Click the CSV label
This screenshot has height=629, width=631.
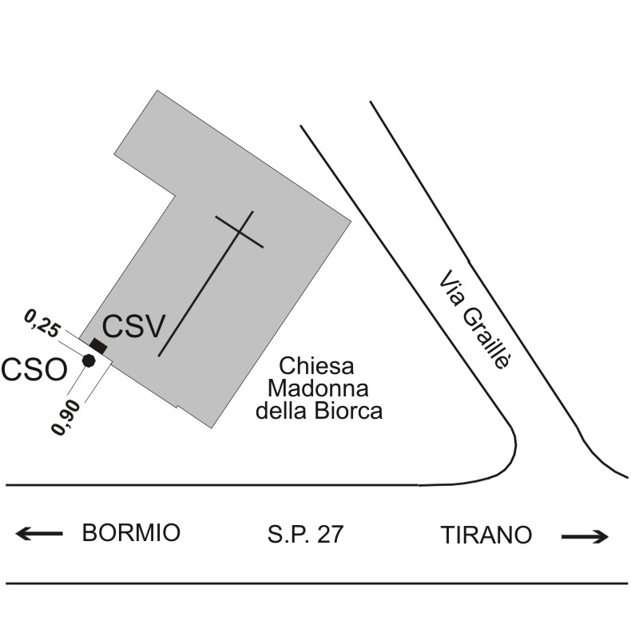point(133,326)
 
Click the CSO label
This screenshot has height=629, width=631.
point(34,370)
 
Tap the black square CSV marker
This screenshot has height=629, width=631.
point(98,346)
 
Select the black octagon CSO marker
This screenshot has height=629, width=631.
point(89,360)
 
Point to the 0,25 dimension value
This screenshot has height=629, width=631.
point(42,323)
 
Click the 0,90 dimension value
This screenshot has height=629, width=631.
point(66,417)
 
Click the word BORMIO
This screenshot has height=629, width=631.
point(131,532)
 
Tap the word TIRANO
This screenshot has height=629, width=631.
point(486,535)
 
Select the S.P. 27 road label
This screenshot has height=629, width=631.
point(305,534)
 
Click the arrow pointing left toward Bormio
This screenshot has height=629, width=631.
point(39,534)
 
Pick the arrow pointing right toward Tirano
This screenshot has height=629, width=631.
point(585,536)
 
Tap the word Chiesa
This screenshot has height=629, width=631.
point(317,366)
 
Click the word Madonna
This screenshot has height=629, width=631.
point(318,388)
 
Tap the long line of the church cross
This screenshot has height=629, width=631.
point(205,284)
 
